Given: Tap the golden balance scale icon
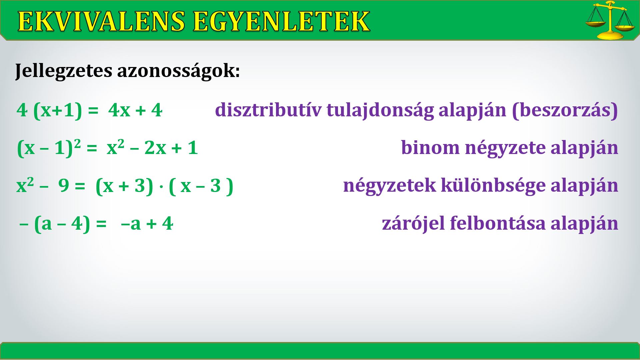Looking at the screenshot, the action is pyautogui.click(x=610, y=20).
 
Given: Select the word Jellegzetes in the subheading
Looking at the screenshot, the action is pyautogui.click(x=63, y=71).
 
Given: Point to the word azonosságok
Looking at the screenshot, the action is pyautogui.click(x=178, y=71).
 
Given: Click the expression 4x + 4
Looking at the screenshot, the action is pyautogui.click(x=135, y=110).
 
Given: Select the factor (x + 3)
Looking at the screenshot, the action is pyautogui.click(x=124, y=186).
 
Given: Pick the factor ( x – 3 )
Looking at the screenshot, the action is pyautogui.click(x=201, y=186).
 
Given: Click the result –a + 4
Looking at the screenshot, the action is pyautogui.click(x=147, y=224).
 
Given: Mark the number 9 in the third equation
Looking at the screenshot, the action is pyautogui.click(x=64, y=186).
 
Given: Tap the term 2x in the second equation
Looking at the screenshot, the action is pyautogui.click(x=155, y=148).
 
